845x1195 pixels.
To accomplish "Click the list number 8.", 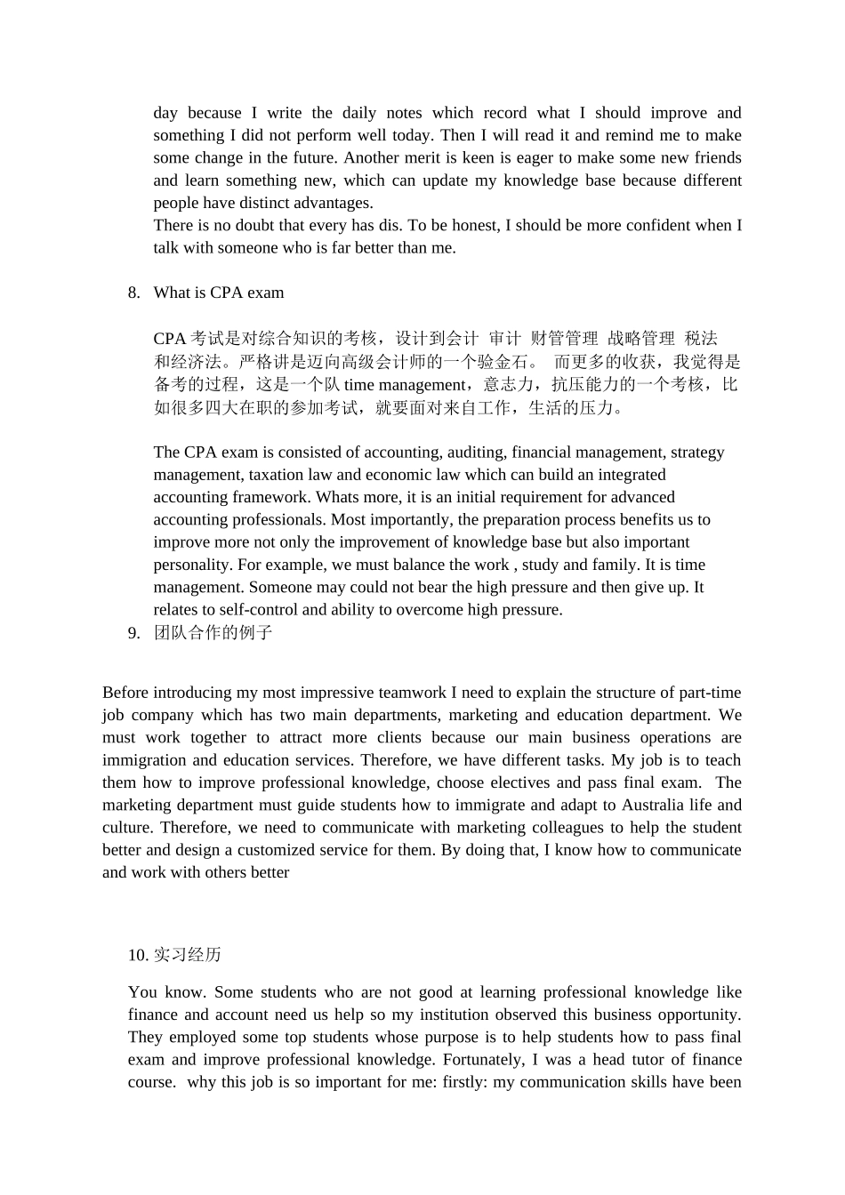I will [x=133, y=293].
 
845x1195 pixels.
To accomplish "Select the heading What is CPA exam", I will [x=219, y=293].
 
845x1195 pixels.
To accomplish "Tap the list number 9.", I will [x=133, y=633].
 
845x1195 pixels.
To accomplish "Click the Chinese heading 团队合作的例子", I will [x=213, y=633].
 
